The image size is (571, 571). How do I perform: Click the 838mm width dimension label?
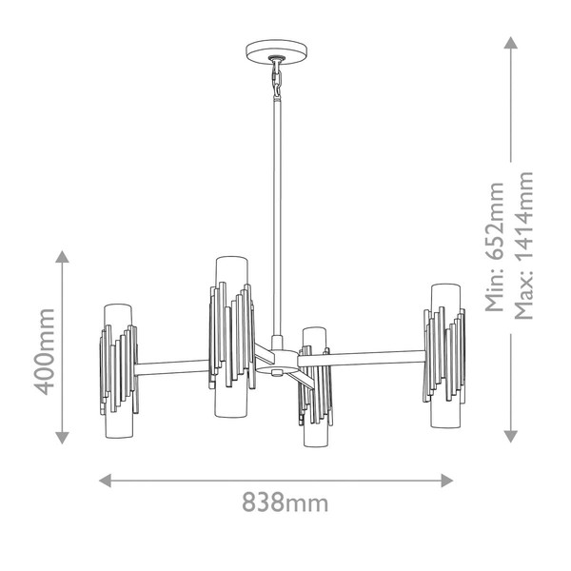(x=285, y=502)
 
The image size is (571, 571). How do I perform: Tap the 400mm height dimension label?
(x=44, y=352)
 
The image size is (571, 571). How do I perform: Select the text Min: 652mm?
(x=495, y=247)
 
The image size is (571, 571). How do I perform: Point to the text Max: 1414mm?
(x=523, y=246)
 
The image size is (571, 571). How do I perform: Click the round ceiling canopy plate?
(x=276, y=52)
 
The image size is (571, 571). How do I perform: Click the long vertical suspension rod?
(x=277, y=217)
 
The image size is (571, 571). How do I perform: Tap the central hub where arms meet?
(x=278, y=362)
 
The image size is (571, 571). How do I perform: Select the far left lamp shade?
(x=119, y=371)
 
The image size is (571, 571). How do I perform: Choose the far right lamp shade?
(x=444, y=356)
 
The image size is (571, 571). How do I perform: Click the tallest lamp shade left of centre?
(x=231, y=337)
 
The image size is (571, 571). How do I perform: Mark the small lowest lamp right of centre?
(x=315, y=387)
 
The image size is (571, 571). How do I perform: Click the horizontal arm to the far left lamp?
(x=172, y=367)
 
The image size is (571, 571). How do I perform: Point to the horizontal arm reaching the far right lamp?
(x=362, y=359)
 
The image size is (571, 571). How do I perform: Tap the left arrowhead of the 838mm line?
(x=105, y=481)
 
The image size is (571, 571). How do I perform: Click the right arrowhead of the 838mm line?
(x=447, y=481)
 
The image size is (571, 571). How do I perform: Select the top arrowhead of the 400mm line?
(x=62, y=257)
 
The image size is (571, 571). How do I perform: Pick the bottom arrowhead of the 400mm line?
(x=62, y=438)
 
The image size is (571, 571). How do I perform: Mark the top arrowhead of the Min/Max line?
(x=510, y=42)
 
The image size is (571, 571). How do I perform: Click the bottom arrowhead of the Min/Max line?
(x=510, y=437)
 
